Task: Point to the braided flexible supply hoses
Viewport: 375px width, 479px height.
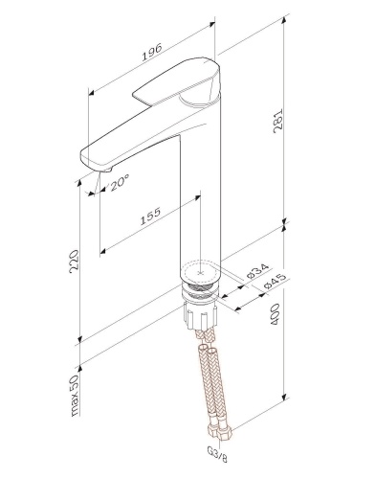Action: [207, 378]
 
